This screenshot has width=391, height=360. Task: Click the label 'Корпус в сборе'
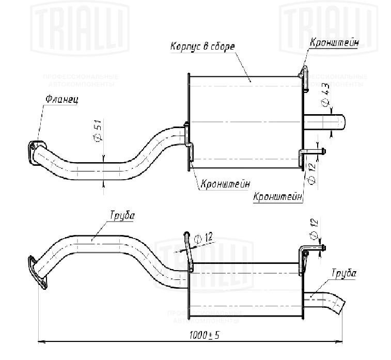tap(202, 46)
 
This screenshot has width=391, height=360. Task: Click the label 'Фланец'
tap(61, 99)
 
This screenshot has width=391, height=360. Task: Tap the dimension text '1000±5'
tap(204, 335)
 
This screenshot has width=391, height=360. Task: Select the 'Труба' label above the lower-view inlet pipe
tap(122, 215)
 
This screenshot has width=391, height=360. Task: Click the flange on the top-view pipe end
tap(36, 151)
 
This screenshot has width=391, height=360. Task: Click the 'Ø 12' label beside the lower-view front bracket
tap(204, 238)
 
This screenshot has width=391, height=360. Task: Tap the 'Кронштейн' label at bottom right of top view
tap(277, 197)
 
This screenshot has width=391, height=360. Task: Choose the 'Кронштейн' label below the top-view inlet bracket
tap(225, 183)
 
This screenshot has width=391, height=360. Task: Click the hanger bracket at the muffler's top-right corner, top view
tap(305, 78)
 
